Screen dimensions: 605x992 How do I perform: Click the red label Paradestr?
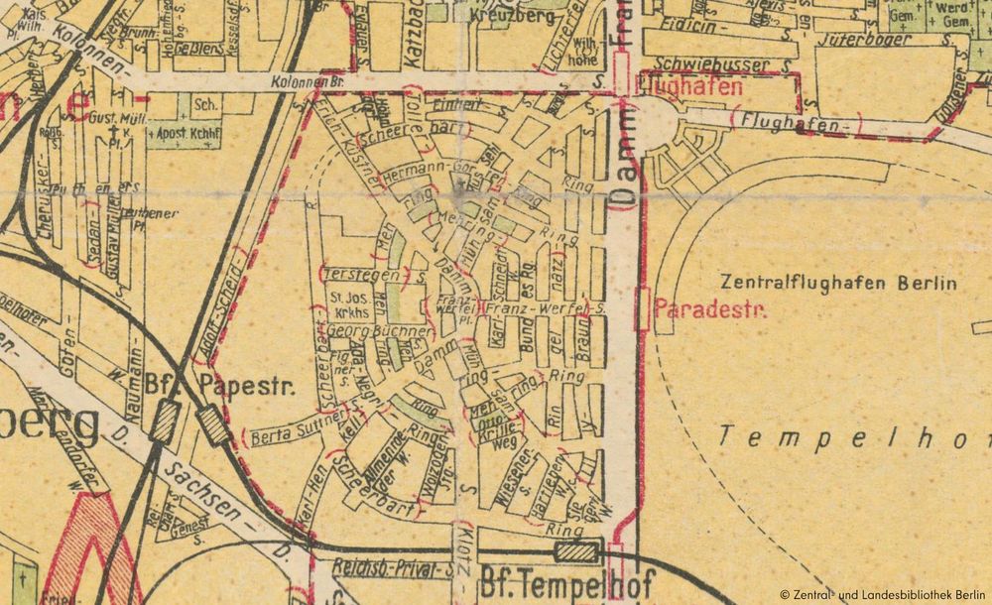pos(711,309)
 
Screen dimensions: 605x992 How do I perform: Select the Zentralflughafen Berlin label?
pos(839,283)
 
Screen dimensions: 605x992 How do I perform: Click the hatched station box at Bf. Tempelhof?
pos(578,552)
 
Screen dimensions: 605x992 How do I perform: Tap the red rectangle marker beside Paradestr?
pos(642,309)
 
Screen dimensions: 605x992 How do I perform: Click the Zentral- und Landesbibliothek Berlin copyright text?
pos(883,594)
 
